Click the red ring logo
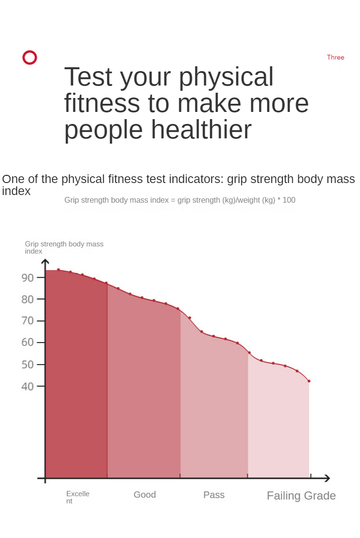click(x=30, y=58)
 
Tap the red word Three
click(x=335, y=57)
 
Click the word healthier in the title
click(x=201, y=130)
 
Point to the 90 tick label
click(x=28, y=278)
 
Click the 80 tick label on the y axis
click(x=28, y=299)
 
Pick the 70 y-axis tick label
click(x=28, y=321)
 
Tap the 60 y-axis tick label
click(x=28, y=342)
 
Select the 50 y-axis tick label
click(x=28, y=365)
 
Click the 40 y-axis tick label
click(x=28, y=386)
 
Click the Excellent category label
click(x=77, y=497)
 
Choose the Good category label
click(x=145, y=495)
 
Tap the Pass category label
click(x=214, y=495)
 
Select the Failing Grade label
click(x=301, y=496)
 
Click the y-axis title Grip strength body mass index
click(x=64, y=247)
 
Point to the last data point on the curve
click(x=309, y=381)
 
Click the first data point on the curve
click(x=59, y=270)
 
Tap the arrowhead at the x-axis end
click(x=328, y=478)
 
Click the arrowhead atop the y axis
click(x=45, y=262)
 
